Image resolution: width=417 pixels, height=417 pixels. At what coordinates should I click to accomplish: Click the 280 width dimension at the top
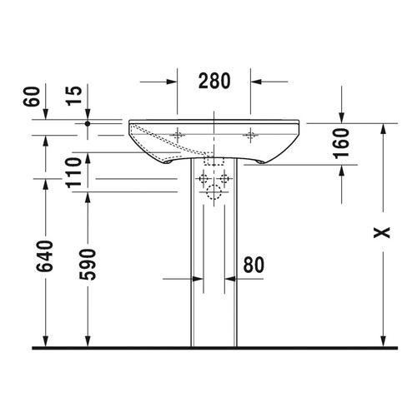(214, 81)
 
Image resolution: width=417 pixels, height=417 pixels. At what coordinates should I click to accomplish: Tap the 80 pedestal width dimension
(254, 264)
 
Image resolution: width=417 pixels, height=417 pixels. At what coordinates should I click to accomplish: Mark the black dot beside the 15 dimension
(88, 122)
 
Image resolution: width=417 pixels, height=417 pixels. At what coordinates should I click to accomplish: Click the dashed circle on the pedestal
(214, 195)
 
